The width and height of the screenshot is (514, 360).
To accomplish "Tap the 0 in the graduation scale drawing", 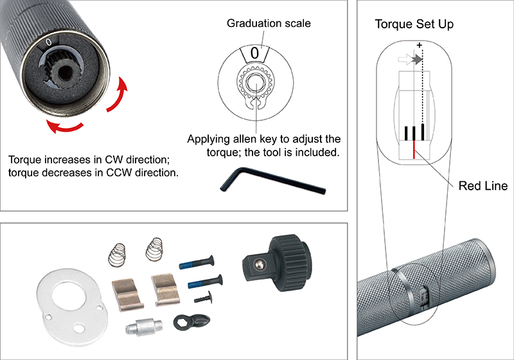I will point(255,53).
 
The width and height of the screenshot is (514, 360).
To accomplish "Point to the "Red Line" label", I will point(483,186).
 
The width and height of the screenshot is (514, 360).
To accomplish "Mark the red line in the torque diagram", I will point(414,149).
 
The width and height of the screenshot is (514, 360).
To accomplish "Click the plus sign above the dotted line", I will point(420,45).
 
